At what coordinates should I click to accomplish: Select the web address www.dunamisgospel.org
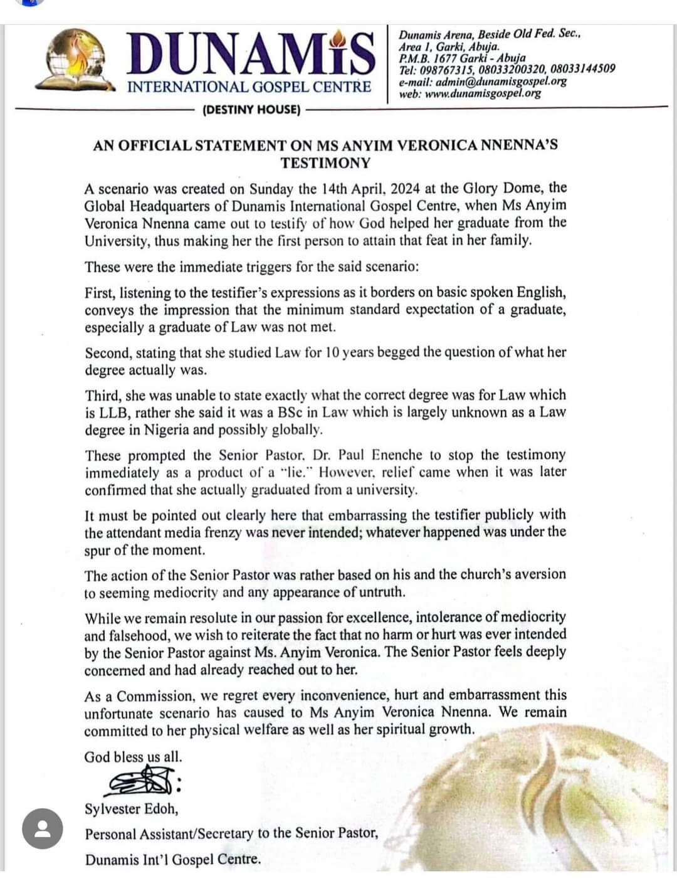click(x=483, y=93)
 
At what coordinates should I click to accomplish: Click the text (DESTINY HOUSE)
click(x=251, y=110)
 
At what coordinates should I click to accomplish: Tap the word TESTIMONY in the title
click(x=325, y=163)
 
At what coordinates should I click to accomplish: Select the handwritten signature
click(x=142, y=782)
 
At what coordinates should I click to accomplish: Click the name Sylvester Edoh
click(x=131, y=809)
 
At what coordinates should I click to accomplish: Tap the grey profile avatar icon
click(x=42, y=828)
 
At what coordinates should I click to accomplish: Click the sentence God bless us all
click(x=133, y=757)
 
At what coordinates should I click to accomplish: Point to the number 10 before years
click(x=332, y=352)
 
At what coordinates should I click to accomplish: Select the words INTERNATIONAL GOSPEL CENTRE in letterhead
click(x=249, y=87)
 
